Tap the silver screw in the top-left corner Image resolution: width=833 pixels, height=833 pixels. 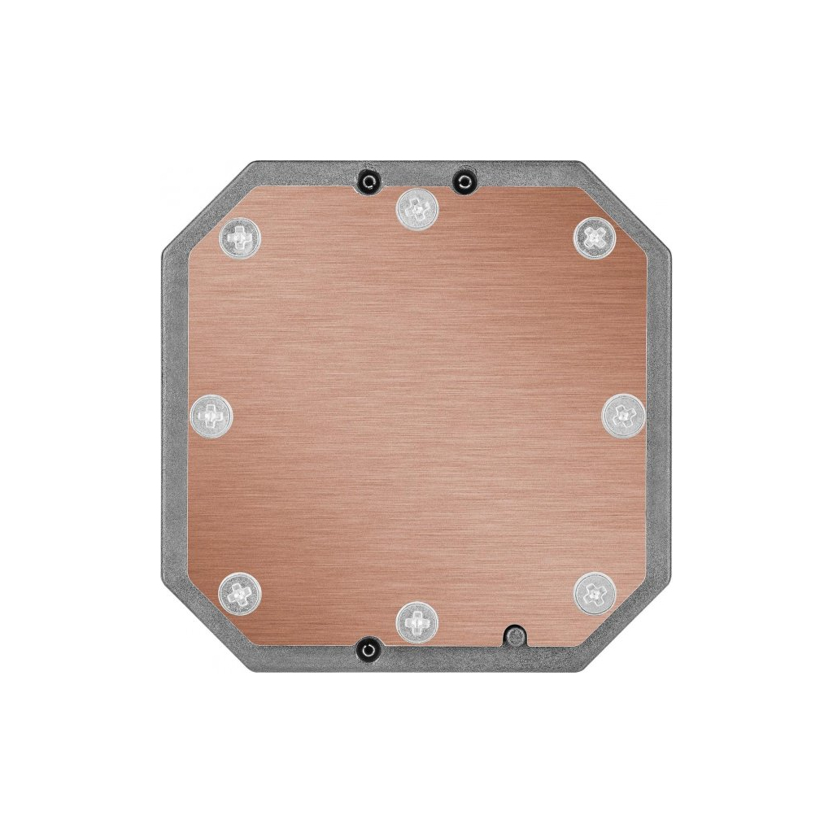pos(242,238)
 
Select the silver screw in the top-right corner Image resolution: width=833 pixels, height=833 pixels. pos(594,237)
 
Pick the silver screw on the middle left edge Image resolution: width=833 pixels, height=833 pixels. pos(211,416)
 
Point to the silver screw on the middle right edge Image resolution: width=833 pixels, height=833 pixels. pos(622,415)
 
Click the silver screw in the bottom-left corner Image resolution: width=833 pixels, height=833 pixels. pos(241,591)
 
